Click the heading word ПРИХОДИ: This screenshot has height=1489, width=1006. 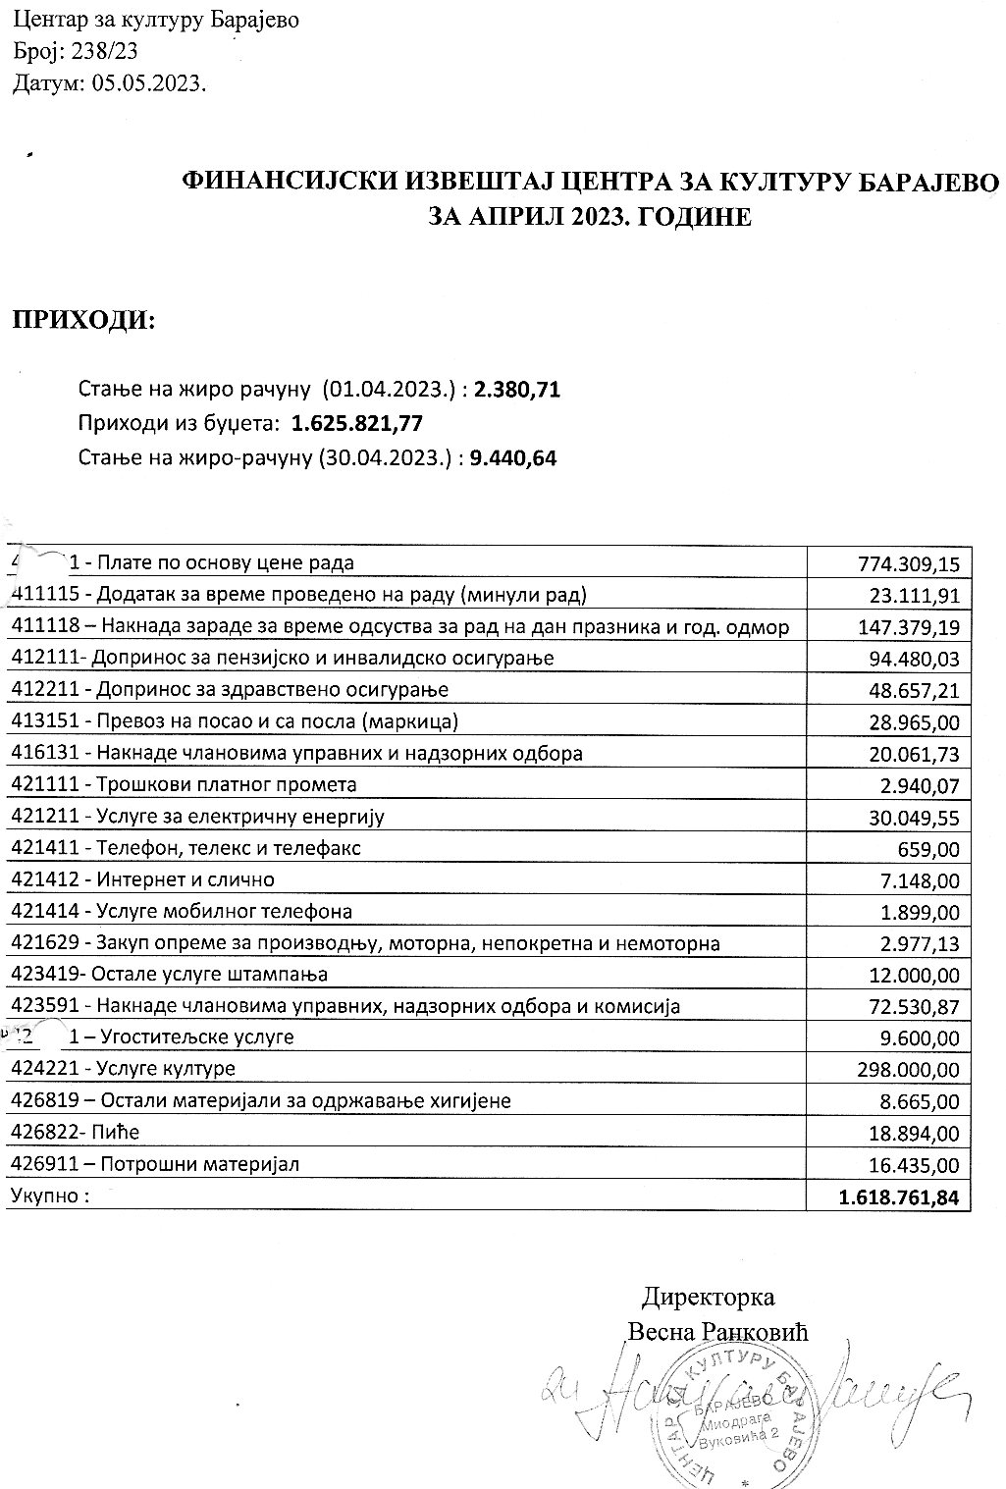[83, 321]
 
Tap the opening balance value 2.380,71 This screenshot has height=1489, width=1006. [517, 390]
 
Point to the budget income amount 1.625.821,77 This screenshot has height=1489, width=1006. [357, 423]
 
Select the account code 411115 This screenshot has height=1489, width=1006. [46, 595]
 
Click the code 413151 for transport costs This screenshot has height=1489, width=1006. [46, 722]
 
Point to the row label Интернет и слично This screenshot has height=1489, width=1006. [185, 879]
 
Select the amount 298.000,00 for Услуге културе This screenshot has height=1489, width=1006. [907, 1070]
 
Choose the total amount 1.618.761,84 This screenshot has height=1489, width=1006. [898, 1197]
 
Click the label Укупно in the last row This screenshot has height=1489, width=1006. [49, 1197]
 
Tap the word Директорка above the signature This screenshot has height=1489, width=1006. [708, 1297]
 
